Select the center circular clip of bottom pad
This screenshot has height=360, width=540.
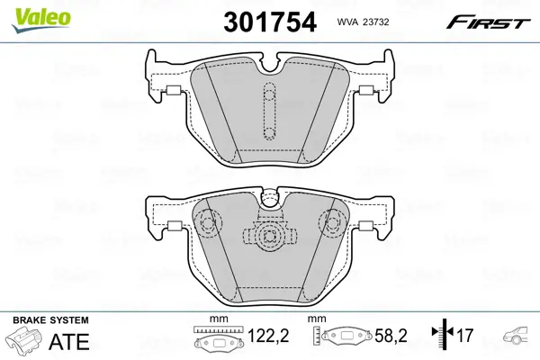click(269, 237)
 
